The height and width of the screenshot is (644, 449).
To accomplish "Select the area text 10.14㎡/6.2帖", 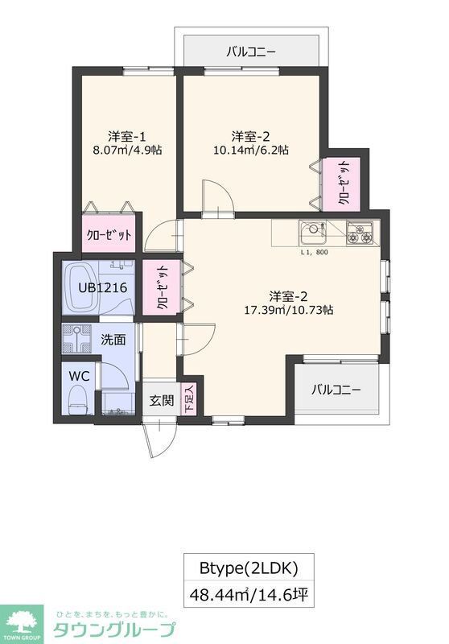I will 249,149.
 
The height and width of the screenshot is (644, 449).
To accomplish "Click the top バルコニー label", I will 250,52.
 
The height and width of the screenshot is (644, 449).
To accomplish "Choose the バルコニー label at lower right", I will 336,390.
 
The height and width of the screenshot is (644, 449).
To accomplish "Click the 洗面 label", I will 113,340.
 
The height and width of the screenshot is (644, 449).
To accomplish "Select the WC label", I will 79,376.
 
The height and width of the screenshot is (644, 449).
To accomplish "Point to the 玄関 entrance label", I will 161,401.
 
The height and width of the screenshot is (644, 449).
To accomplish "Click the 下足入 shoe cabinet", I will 190,399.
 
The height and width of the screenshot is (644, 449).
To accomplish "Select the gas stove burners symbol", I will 359,234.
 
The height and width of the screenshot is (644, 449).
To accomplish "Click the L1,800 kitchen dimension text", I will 314,253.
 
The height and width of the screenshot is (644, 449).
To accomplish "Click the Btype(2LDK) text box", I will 249,568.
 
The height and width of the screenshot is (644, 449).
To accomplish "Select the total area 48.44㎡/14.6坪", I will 249,597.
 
